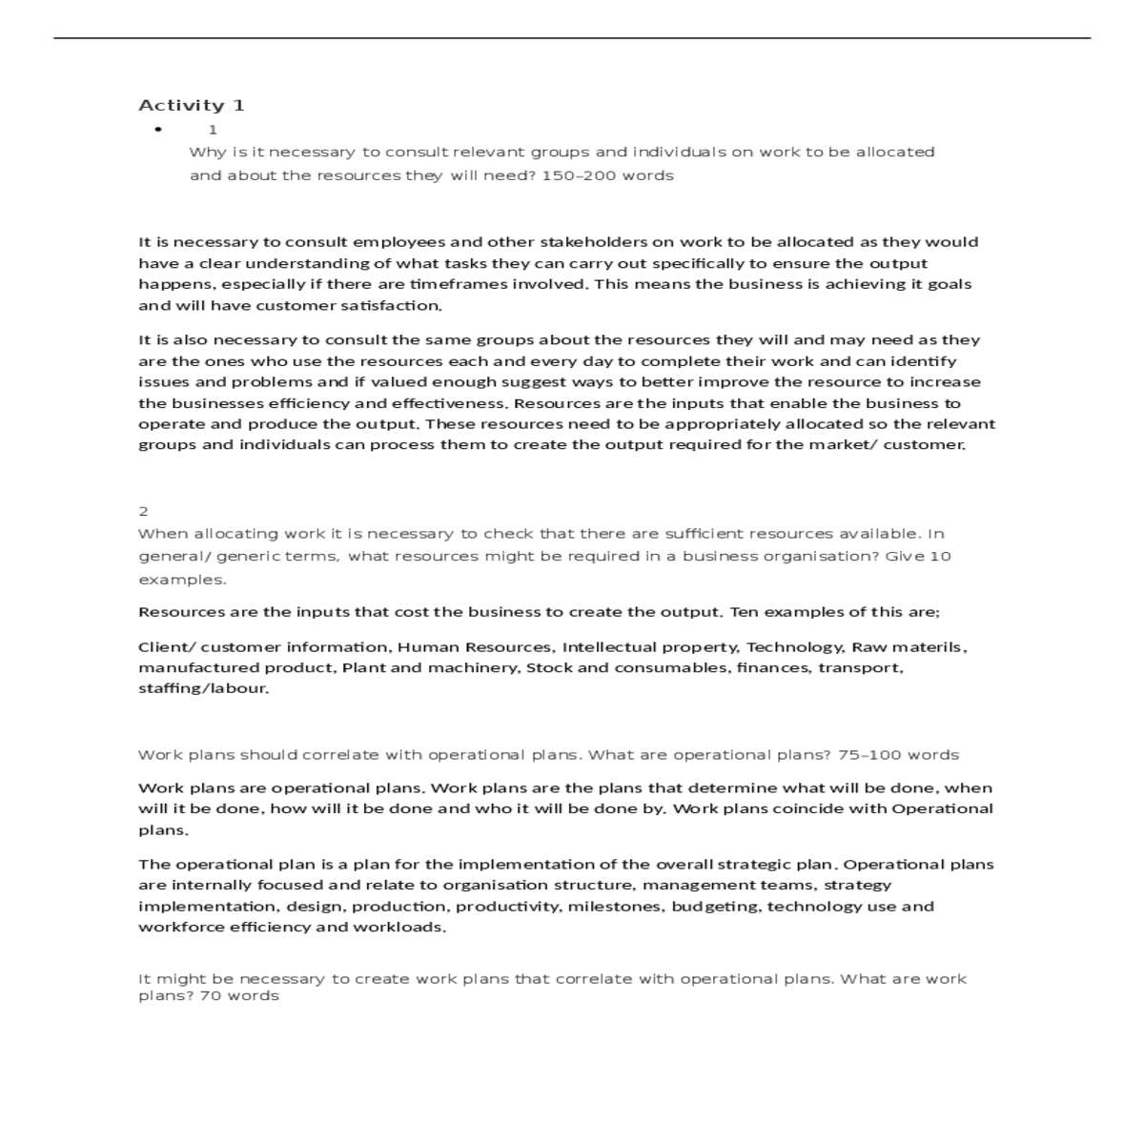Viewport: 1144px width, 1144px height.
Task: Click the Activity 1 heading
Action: (x=192, y=105)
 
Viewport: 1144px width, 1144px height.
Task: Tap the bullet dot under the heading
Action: (x=158, y=129)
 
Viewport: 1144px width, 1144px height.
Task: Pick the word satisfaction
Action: (x=398, y=306)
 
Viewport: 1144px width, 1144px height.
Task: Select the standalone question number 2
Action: (x=143, y=511)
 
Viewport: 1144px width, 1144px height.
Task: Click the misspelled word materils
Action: (x=929, y=647)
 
